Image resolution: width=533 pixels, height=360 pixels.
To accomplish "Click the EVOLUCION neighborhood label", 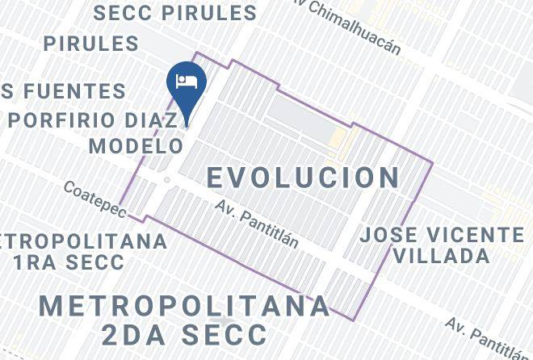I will (304, 177).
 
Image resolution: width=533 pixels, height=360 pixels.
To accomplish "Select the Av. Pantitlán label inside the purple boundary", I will (257, 224).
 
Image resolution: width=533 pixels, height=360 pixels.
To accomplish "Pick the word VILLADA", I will (442, 257).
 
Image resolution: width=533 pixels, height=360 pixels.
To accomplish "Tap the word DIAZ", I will (158, 119).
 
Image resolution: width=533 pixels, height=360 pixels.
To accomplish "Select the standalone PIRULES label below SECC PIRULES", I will (91, 43).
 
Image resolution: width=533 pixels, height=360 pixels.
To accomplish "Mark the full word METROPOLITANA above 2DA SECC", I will (185, 306).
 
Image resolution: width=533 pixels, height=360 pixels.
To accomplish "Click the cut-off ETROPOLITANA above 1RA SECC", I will (84, 241).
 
